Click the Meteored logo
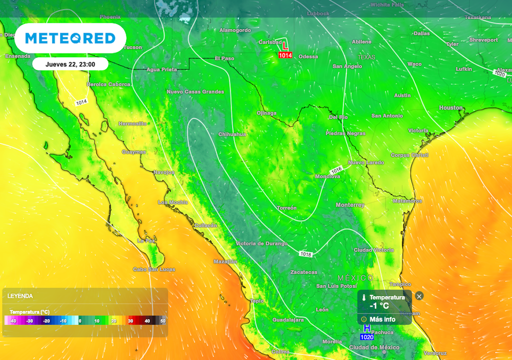point(70,38)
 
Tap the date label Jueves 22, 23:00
point(70,64)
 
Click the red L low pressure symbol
point(285,45)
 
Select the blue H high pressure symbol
point(367,328)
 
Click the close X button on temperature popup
point(419,296)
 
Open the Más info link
point(382,319)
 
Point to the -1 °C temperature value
point(379,306)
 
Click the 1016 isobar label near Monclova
point(336,170)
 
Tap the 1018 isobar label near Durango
point(306,254)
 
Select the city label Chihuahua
point(232,134)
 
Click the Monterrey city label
point(350,205)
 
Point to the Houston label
point(451,108)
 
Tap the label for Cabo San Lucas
point(153,269)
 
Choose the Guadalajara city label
point(288,319)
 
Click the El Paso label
point(224,58)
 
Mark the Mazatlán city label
point(225,261)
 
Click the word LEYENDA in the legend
point(20,296)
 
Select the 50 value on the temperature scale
point(162,321)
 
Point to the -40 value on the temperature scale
point(13,321)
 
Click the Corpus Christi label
point(409,155)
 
